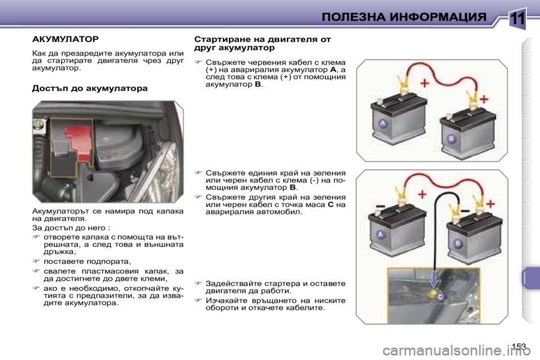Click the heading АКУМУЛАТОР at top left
(x=65, y=39)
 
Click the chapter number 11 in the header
(x=517, y=18)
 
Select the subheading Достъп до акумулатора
(x=90, y=88)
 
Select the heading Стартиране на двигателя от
(x=262, y=39)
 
